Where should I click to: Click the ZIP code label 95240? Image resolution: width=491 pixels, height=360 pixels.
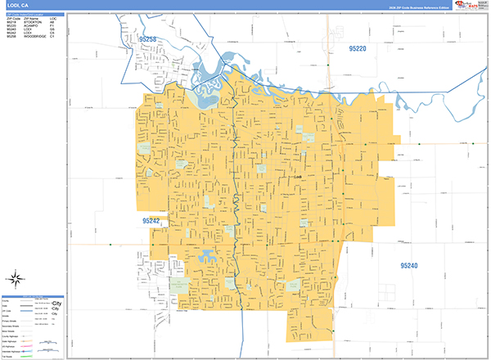[x=409, y=266]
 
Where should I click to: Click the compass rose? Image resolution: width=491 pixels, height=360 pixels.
[x=16, y=277]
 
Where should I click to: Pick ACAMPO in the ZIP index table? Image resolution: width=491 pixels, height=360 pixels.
[x=31, y=26]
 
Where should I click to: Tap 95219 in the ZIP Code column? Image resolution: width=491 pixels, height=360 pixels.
[x=11, y=22]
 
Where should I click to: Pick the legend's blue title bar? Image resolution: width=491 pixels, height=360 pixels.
[x=32, y=296]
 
